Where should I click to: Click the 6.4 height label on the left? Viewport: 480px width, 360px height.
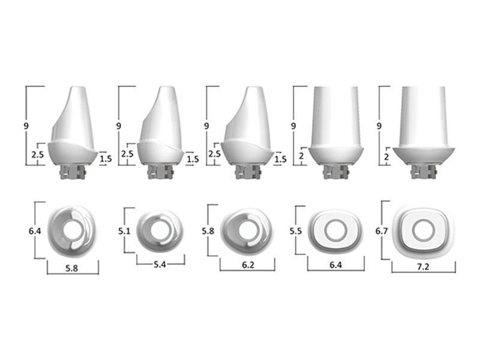tap(35, 231)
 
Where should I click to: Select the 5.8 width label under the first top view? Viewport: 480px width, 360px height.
tap(71, 268)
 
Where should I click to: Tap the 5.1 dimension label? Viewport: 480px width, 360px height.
tap(124, 231)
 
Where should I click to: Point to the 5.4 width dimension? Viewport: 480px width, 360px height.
tap(160, 264)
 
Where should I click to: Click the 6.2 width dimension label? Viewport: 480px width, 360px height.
tap(248, 265)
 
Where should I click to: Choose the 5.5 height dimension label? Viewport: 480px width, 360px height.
tap(296, 231)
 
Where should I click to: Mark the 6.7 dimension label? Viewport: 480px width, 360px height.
tap(382, 231)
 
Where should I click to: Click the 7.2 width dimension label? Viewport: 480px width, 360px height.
tap(423, 266)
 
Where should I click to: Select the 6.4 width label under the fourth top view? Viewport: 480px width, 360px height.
tap(335, 265)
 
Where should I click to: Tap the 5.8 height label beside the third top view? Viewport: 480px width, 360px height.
tap(208, 231)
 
